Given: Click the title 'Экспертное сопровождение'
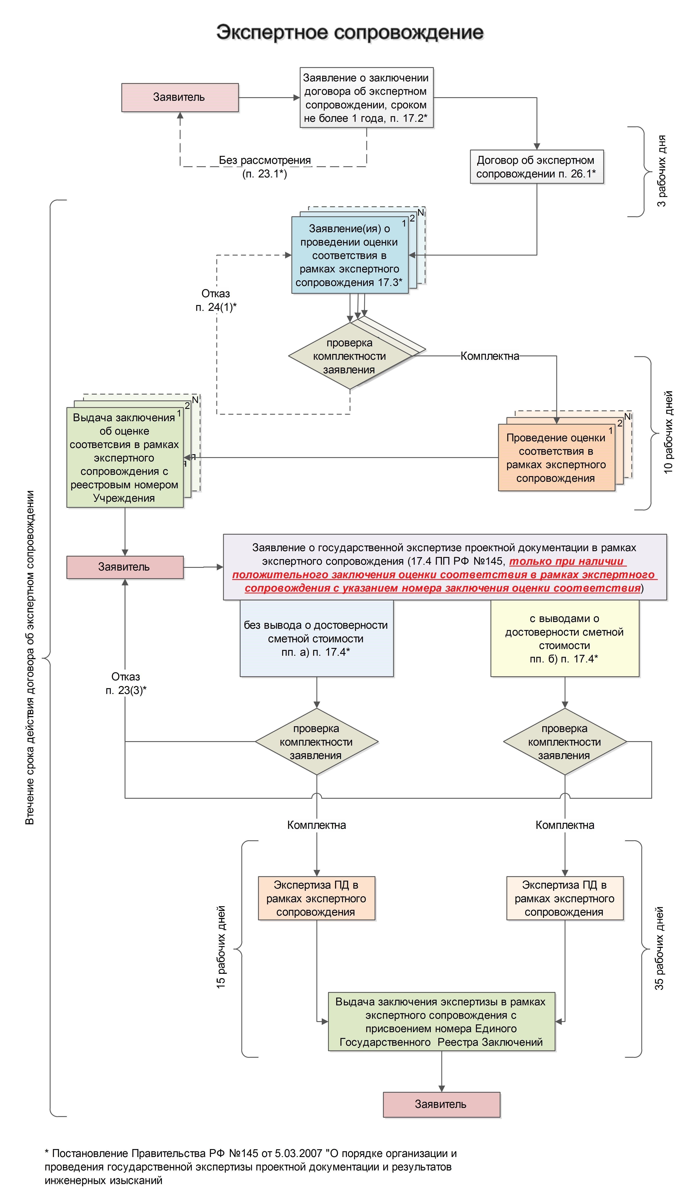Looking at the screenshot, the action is [350, 32].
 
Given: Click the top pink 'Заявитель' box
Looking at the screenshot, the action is [180, 98].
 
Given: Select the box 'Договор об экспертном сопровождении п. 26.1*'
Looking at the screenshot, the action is [537, 167].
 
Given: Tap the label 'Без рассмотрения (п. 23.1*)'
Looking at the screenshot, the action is [265, 167].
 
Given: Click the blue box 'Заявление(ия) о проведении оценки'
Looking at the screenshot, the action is [350, 255].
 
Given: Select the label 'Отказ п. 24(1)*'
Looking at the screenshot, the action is [216, 300].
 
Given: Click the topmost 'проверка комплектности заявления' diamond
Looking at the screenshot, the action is [350, 356].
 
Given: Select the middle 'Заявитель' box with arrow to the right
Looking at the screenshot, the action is [125, 567].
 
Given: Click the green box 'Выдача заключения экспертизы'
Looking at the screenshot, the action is [442, 1021].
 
